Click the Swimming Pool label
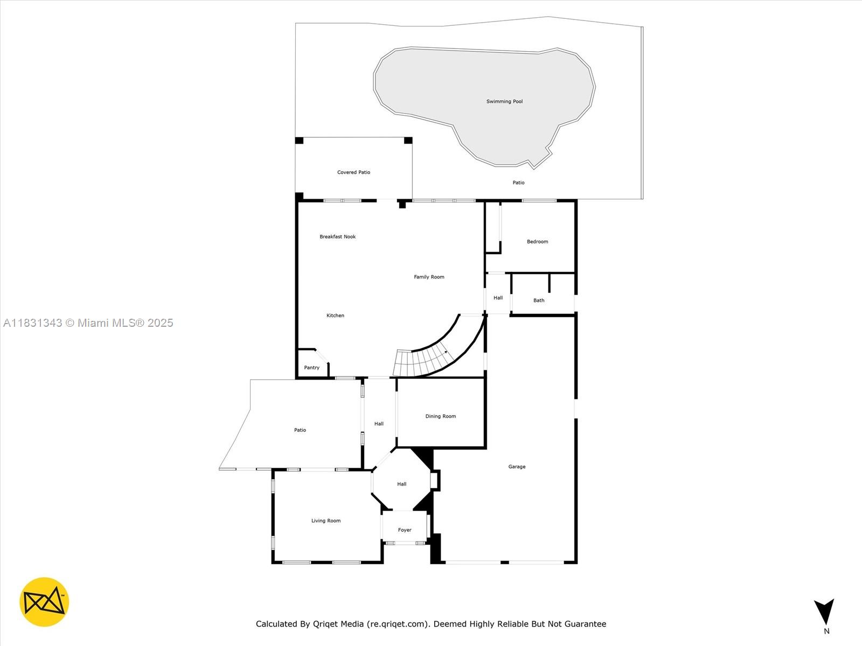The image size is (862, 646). pos(504,102)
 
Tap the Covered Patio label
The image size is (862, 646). pos(353,172)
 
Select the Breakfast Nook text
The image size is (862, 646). pos(337,236)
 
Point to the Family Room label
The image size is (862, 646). pos(429,277)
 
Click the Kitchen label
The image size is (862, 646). pos(335,315)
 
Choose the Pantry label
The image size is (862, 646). pos(311,368)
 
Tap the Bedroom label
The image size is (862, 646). pos(537,242)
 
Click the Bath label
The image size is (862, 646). pos(539,300)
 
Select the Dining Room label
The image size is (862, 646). pos(441,416)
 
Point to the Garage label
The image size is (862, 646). pos(517,467)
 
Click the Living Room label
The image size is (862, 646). pos(326,521)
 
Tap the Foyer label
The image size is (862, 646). pos(405,530)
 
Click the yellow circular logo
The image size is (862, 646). pos(44,602)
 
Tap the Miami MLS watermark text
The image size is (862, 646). pos(88,323)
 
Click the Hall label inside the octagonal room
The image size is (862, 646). pos(401,484)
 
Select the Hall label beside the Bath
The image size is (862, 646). pos(498,298)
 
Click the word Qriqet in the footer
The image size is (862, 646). pos(328,624)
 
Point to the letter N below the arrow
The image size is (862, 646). pos(826,631)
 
